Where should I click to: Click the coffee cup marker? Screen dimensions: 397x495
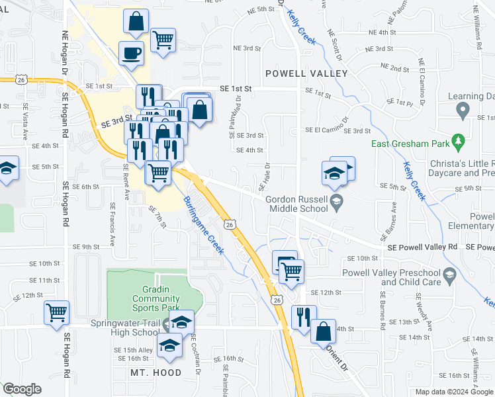pyautogui.click(x=131, y=53)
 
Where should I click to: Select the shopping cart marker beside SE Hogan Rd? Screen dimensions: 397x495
pyautogui.click(x=56, y=312)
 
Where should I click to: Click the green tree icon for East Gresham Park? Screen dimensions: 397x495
pyautogui.click(x=457, y=142)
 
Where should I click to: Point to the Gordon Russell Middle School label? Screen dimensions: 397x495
pyautogui.click(x=297, y=204)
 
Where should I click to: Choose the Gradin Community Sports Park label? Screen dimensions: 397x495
pyautogui.click(x=151, y=298)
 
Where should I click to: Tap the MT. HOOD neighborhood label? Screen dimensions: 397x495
pyautogui.click(x=156, y=373)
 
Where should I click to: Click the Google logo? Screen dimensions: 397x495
pyautogui.click(x=22, y=389)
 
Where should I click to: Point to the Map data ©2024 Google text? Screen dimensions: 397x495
pyautogui.click(x=453, y=392)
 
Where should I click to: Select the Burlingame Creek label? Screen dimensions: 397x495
pyautogui.click(x=204, y=225)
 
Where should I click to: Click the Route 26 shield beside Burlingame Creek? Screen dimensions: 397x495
pyautogui.click(x=229, y=225)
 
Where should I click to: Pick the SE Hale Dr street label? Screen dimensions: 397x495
pyautogui.click(x=268, y=175)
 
